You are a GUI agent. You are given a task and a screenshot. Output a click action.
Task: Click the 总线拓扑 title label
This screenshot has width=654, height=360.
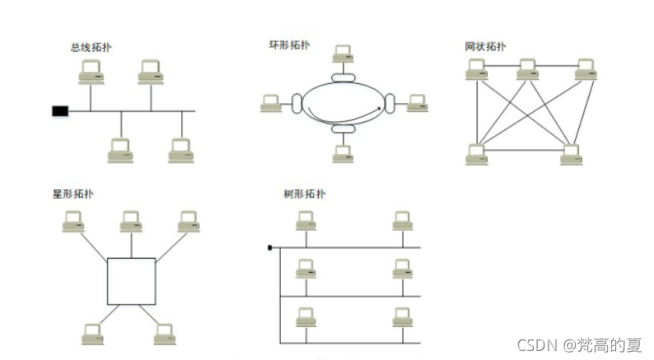91,47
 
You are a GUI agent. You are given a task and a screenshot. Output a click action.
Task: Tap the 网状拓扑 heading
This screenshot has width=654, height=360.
485,45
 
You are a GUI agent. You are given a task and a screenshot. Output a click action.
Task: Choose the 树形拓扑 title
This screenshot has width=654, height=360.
303,194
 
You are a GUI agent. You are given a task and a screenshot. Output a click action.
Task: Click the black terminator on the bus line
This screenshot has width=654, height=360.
59,110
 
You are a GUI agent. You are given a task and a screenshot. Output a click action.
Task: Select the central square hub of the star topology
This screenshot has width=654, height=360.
131,281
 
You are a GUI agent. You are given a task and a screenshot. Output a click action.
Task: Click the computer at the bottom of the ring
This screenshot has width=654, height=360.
343,153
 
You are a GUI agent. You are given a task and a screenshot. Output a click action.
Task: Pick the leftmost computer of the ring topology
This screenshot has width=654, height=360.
271,103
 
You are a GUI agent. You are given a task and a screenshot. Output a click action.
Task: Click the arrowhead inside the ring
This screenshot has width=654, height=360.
381,107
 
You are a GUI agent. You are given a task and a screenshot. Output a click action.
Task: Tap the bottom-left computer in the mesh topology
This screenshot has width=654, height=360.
476,154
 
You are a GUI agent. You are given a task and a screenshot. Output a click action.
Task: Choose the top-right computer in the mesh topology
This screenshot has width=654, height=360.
586,70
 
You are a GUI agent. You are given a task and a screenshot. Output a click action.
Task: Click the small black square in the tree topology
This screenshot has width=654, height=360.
269,246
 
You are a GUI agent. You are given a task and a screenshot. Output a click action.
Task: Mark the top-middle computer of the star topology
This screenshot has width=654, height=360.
130,222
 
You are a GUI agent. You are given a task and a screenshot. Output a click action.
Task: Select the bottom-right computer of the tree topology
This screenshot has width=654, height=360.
402,317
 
